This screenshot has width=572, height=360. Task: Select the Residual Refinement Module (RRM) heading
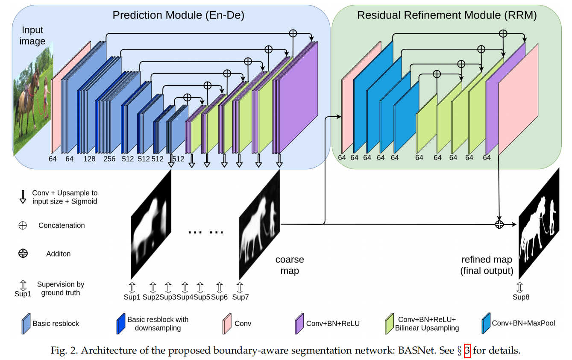pos(447,15)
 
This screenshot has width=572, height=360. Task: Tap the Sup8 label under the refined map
pos(521,297)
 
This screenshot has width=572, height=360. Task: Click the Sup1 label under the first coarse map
pos(132,297)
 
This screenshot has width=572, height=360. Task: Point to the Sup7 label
pos(240,297)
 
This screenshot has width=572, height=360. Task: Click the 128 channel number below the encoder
pos(89,159)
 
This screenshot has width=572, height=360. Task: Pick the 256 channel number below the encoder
pos(109,159)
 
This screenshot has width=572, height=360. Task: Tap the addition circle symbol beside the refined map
pos(499,224)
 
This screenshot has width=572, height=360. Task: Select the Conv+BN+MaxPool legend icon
pos(485,324)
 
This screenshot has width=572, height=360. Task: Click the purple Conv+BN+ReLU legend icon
pos(299,324)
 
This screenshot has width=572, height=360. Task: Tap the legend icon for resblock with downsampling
pos(120,324)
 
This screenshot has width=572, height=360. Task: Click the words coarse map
pos(289,265)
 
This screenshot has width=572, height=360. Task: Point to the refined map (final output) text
pos(487,265)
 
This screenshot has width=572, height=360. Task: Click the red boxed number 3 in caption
pos(467,351)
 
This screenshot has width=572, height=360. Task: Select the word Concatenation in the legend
pos(62,225)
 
